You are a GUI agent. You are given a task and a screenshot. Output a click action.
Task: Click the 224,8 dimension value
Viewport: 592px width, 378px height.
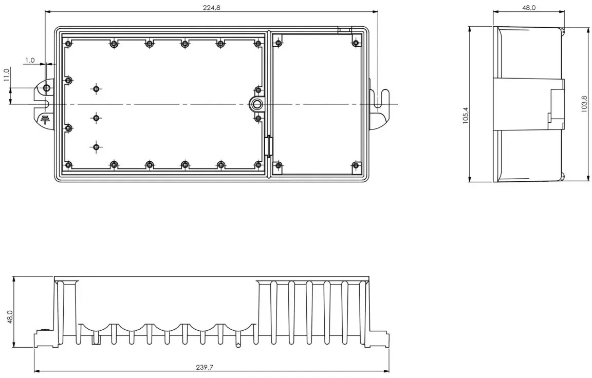pos(211,8)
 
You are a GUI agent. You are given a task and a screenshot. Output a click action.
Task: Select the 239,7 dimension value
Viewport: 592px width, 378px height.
pos(205,367)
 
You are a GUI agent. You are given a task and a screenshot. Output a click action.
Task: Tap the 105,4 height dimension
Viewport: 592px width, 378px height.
pos(466,115)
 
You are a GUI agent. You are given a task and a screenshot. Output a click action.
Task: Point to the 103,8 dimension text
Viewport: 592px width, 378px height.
pos(584,104)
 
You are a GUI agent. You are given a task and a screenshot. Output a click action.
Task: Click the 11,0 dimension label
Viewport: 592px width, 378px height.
pos(6,74)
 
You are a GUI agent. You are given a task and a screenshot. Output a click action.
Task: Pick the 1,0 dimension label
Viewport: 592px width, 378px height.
pos(30,61)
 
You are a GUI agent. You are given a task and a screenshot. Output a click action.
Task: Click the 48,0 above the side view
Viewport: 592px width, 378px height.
pos(529,8)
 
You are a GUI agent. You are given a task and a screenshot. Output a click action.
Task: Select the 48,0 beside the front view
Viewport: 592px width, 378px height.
pos(10,317)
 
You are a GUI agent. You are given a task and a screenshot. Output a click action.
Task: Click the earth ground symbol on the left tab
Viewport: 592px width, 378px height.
pos(45,119)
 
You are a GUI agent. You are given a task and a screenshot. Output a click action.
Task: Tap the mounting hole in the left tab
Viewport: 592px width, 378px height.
pos(46,88)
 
